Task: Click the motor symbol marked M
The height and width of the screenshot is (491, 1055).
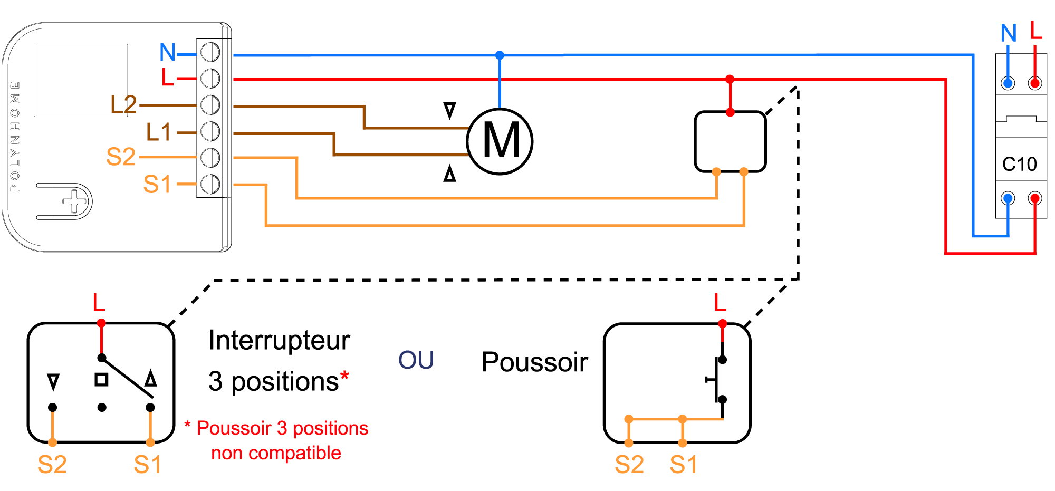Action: point(500,141)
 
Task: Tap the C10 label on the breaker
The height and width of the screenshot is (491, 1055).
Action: point(1019,165)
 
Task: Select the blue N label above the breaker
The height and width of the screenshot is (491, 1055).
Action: point(1009,33)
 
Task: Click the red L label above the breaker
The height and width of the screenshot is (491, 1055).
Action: point(1036,30)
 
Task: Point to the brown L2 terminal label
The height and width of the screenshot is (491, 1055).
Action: point(123,104)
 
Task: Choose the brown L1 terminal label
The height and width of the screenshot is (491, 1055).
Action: point(158,132)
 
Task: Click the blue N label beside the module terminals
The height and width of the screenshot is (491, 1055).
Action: point(168,52)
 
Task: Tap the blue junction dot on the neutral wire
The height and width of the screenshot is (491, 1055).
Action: point(500,55)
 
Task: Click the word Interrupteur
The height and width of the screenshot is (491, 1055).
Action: point(279,340)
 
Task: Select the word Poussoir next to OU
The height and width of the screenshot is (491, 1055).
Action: point(534,362)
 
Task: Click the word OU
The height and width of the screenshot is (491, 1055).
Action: point(416,361)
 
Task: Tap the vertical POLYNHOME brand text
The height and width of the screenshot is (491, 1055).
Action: point(15,136)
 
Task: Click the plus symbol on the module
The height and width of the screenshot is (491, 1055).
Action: point(74,201)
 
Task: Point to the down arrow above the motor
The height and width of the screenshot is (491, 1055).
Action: point(449,110)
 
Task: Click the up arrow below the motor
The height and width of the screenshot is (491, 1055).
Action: point(449,173)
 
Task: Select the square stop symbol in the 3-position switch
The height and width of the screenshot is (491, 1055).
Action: point(101,380)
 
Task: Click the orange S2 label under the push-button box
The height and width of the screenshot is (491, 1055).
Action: point(629,465)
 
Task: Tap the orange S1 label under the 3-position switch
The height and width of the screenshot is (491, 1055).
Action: point(148,465)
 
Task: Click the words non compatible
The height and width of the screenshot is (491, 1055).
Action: point(276,453)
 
